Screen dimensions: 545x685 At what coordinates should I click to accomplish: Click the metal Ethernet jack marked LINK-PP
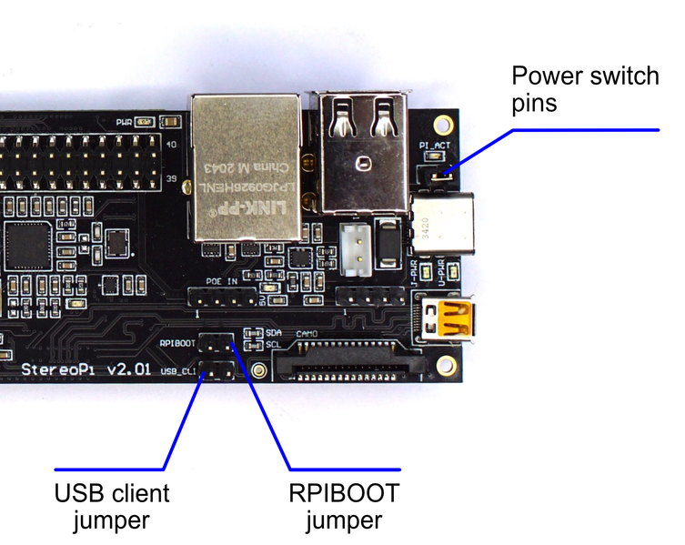pyautogui.click(x=245, y=168)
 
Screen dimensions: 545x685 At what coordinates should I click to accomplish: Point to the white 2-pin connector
pyautogui.click(x=358, y=247)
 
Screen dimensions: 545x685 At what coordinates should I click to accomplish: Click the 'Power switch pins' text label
pyautogui.click(x=584, y=88)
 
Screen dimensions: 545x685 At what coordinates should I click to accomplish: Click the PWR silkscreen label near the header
pyautogui.click(x=124, y=121)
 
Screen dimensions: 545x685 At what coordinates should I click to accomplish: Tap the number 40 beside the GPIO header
pyautogui.click(x=171, y=144)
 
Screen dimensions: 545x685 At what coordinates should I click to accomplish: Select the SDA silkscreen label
pyautogui.click(x=273, y=333)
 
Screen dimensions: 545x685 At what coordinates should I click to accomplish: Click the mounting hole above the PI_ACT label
pyautogui.click(x=445, y=123)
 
